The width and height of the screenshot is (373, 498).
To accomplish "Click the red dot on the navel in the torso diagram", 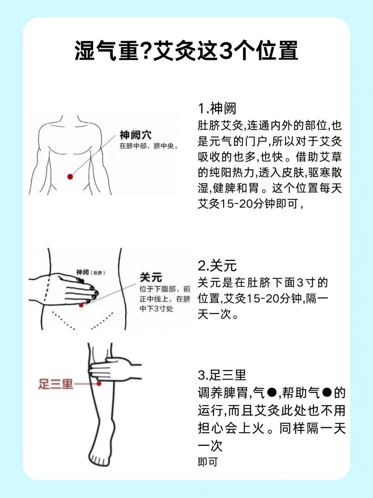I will (x=70, y=177).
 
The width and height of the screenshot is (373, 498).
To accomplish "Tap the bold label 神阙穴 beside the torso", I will (x=135, y=135).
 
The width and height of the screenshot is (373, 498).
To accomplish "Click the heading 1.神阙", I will (x=217, y=108).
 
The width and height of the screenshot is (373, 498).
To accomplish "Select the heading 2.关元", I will (x=217, y=266).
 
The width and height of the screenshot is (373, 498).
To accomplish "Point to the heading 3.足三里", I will (x=222, y=375).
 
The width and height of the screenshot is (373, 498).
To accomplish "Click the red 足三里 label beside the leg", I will (x=56, y=384).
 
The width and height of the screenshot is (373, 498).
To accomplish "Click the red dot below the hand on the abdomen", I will (x=81, y=305).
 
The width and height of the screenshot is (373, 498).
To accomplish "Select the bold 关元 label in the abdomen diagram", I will (x=151, y=277).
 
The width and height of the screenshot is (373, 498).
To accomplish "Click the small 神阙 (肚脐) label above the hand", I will (x=90, y=272).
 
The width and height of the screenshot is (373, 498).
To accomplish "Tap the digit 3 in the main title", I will (x=225, y=51).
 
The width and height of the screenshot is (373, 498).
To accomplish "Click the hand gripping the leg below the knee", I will (x=113, y=370).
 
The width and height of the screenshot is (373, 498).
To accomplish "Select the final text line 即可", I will (x=207, y=462).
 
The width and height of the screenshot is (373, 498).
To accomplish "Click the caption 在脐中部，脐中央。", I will (x=149, y=147).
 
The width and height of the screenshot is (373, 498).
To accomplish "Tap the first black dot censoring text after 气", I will (x=272, y=393).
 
